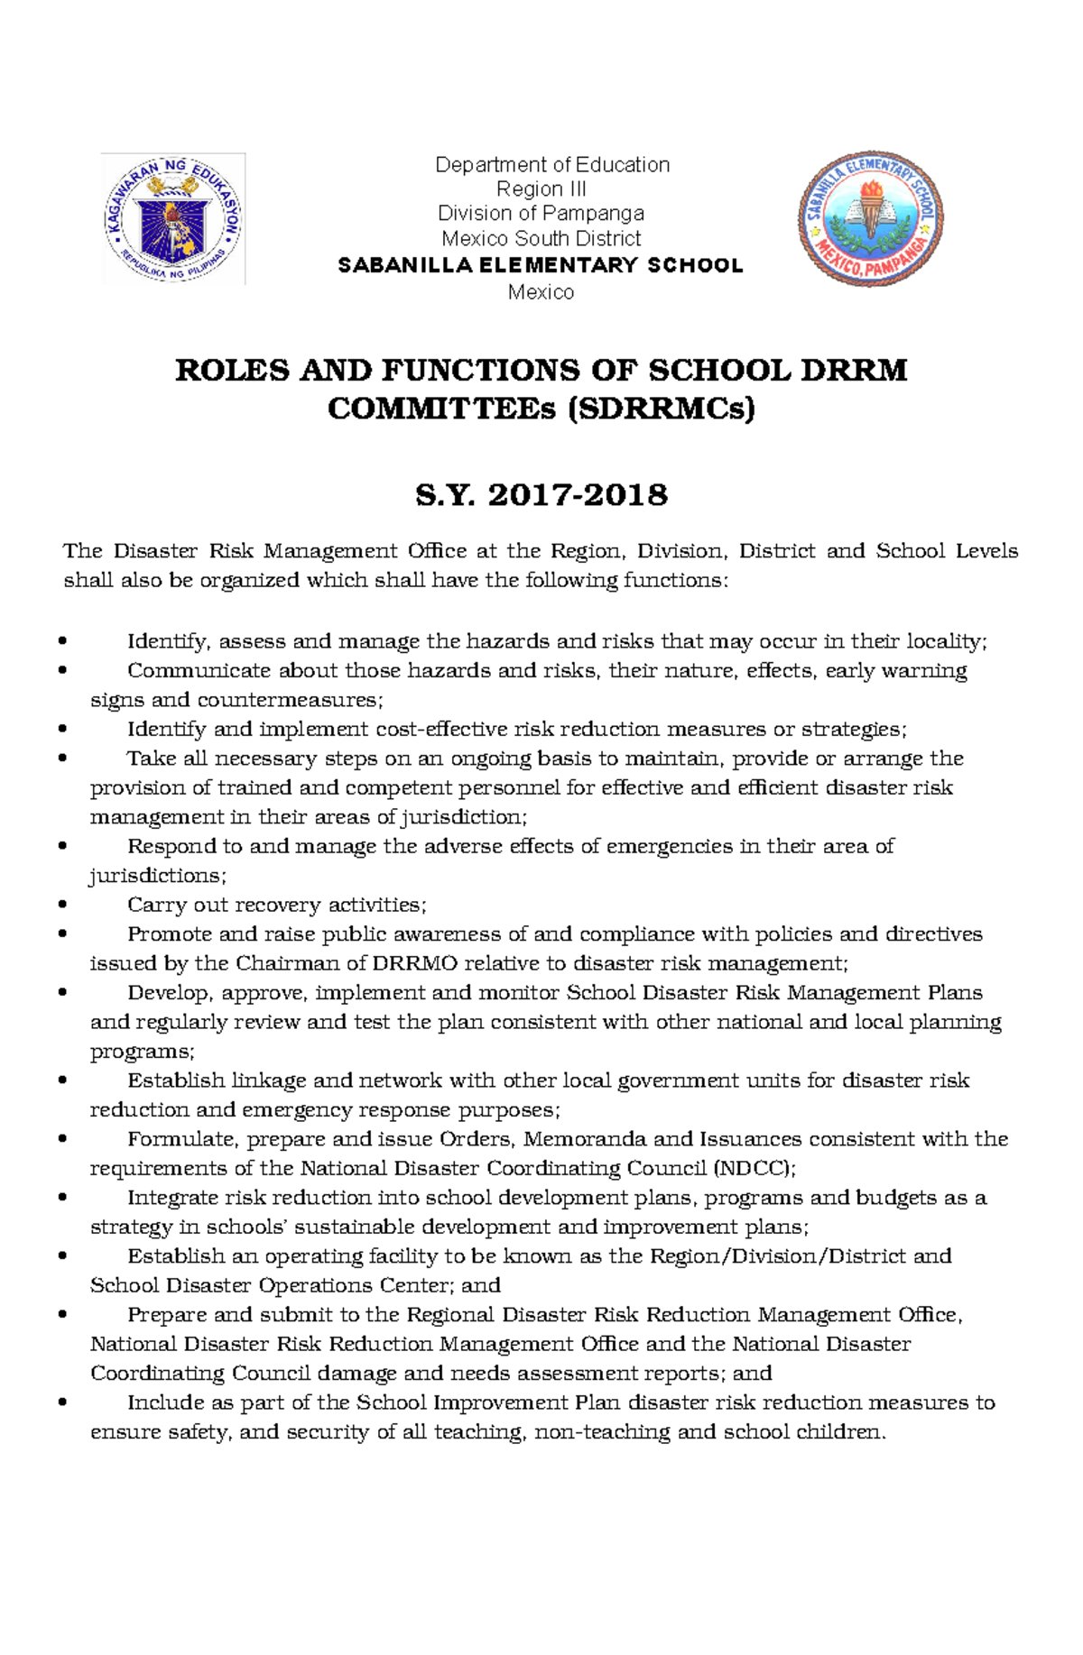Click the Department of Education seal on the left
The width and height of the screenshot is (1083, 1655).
(x=173, y=218)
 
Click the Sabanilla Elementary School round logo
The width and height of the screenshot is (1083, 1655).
(x=871, y=218)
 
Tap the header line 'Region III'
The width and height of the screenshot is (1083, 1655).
(x=541, y=189)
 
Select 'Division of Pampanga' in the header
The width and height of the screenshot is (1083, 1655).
(x=541, y=214)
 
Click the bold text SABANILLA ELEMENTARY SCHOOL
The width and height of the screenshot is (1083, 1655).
(x=541, y=265)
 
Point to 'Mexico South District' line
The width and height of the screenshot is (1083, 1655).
(x=541, y=239)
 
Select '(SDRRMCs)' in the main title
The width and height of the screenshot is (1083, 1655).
(x=661, y=409)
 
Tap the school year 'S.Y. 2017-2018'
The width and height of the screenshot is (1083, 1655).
(x=541, y=495)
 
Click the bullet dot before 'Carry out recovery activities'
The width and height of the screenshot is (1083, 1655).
(x=62, y=906)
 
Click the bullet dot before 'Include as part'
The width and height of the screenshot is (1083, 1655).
(x=62, y=1403)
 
